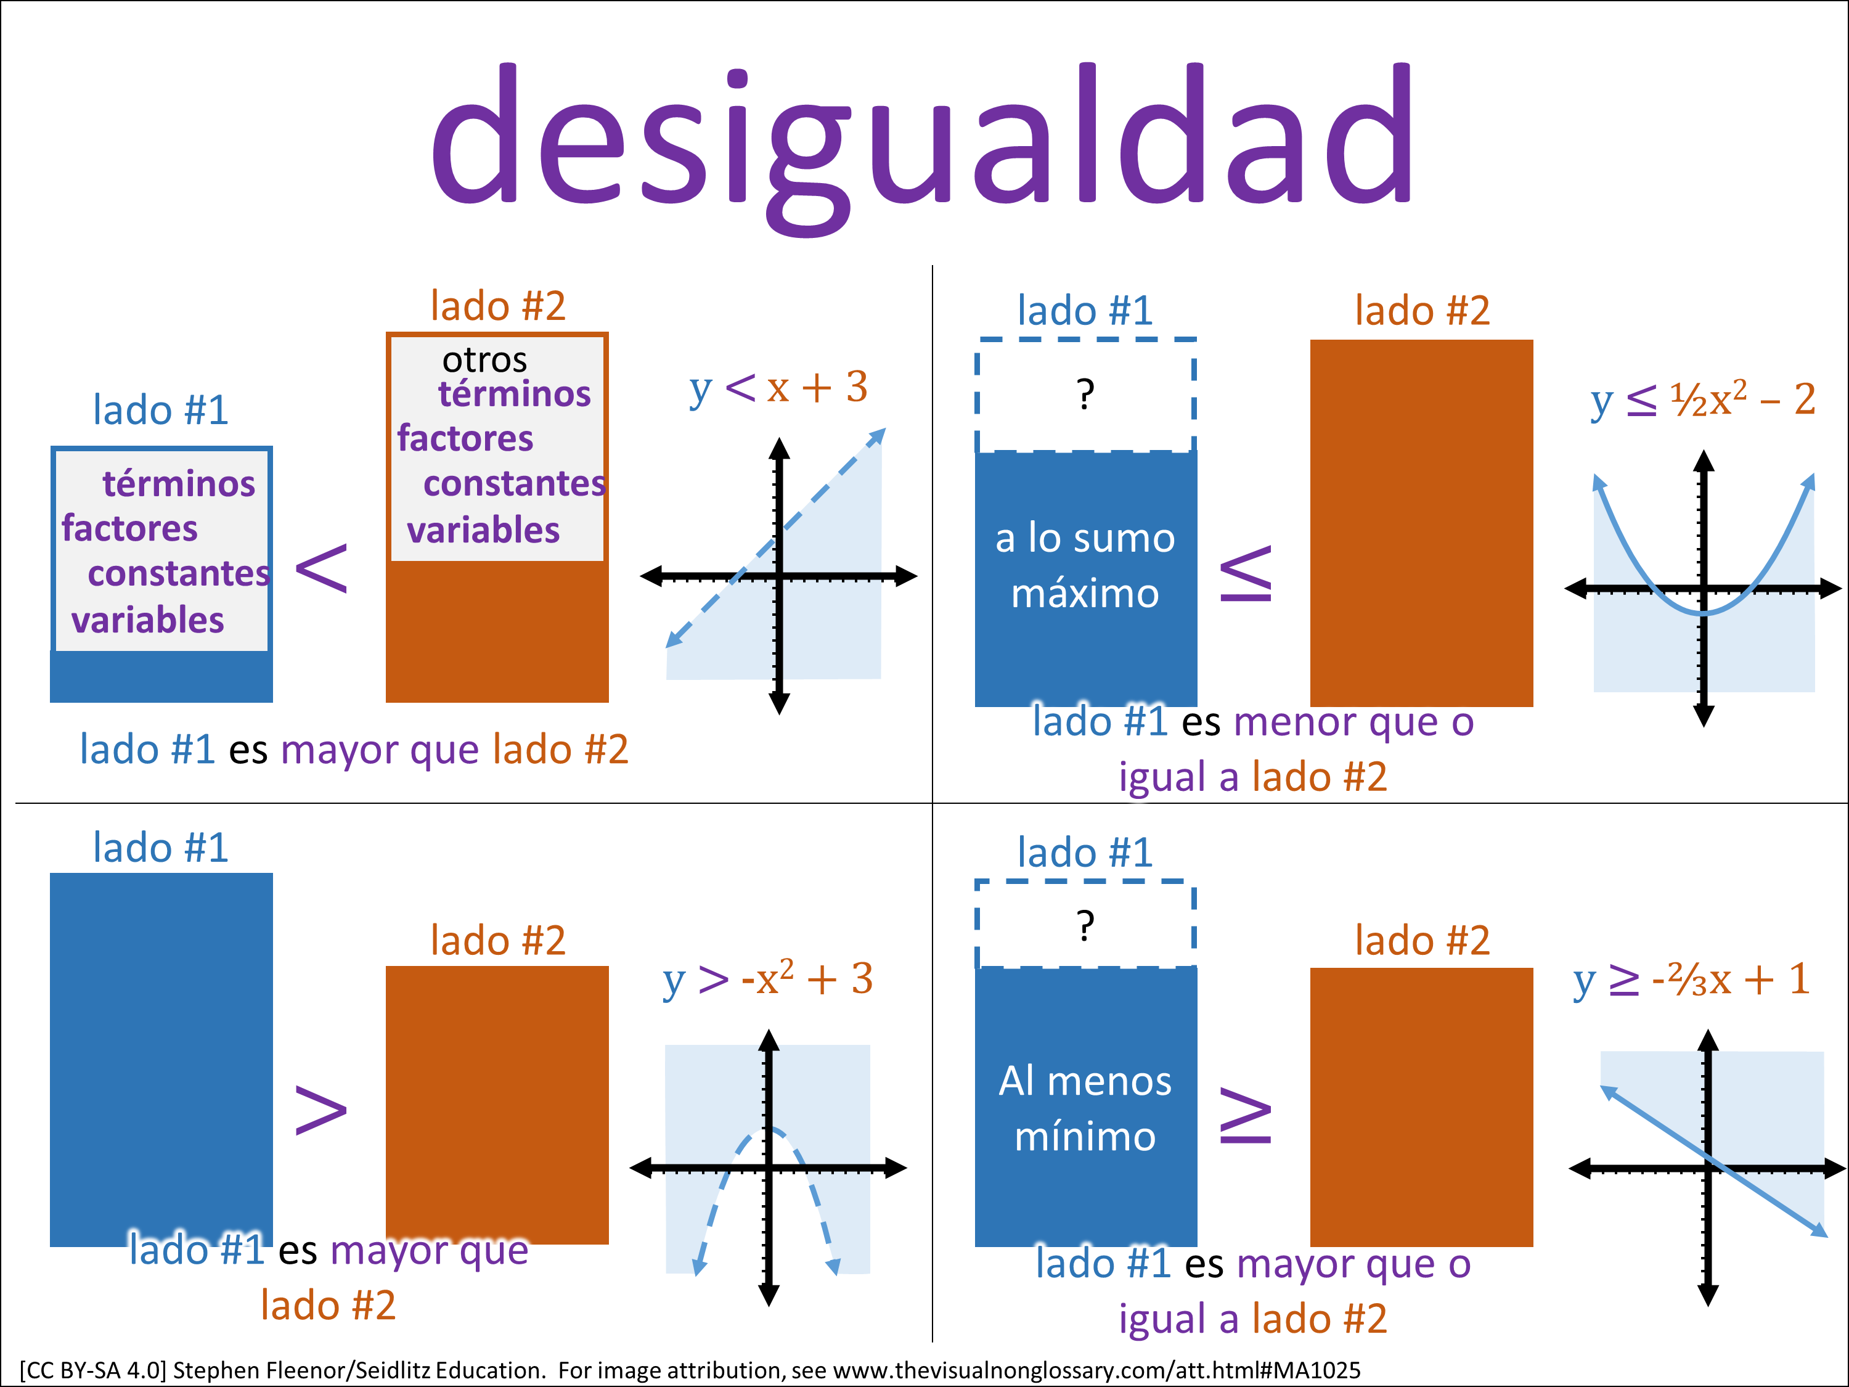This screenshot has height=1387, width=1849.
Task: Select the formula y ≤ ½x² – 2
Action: click(x=1702, y=399)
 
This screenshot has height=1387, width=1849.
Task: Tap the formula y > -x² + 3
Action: click(x=767, y=979)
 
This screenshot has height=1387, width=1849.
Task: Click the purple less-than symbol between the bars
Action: click(x=322, y=568)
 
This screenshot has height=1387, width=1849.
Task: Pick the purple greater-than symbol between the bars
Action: click(x=322, y=1110)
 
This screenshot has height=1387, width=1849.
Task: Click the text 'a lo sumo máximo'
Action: click(x=1085, y=565)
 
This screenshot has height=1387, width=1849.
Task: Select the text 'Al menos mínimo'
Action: click(x=1085, y=1108)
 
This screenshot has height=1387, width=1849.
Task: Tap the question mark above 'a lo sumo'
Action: click(x=1085, y=394)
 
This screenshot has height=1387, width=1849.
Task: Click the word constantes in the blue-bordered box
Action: click(x=179, y=573)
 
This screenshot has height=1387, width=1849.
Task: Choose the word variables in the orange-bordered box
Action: click(x=483, y=530)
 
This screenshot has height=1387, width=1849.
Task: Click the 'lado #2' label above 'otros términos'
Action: click(x=498, y=306)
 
